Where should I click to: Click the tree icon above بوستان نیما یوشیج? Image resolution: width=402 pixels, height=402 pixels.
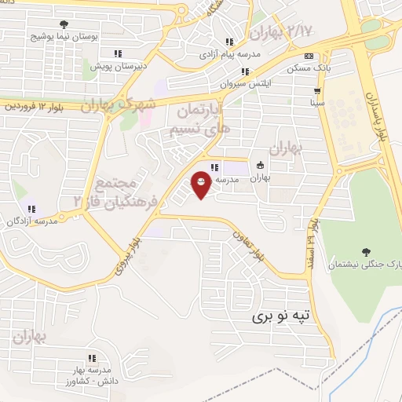pos(63,24)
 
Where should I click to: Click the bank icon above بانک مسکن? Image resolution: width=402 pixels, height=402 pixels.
pos(309,56)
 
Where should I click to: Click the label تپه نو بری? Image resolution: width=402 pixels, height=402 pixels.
pos(280,316)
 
